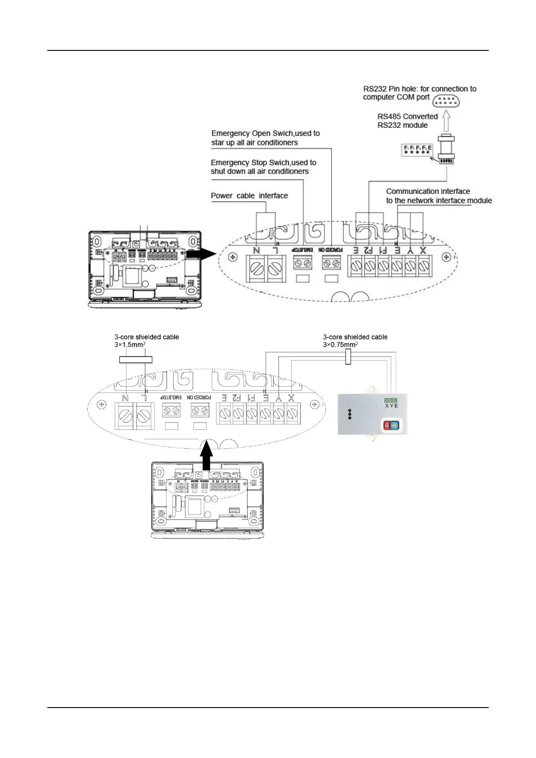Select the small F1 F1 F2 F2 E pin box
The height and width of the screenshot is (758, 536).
coord(417,150)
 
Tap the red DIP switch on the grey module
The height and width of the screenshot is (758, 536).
coord(386,425)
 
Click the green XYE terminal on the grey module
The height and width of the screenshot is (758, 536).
coord(391,400)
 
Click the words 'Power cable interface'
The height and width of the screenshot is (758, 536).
coord(249,196)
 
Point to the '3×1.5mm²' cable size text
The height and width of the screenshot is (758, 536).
coord(130,345)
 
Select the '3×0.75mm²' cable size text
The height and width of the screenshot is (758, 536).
coord(340,345)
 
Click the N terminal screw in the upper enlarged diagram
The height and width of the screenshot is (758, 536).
coord(256,269)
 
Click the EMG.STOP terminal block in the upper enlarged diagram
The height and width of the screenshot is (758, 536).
coord(302,262)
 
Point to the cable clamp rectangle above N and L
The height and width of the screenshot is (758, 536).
coord(135,359)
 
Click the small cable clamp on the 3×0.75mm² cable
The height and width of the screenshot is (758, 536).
coord(348,358)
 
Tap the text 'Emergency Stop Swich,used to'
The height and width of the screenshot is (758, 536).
coord(263,162)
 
